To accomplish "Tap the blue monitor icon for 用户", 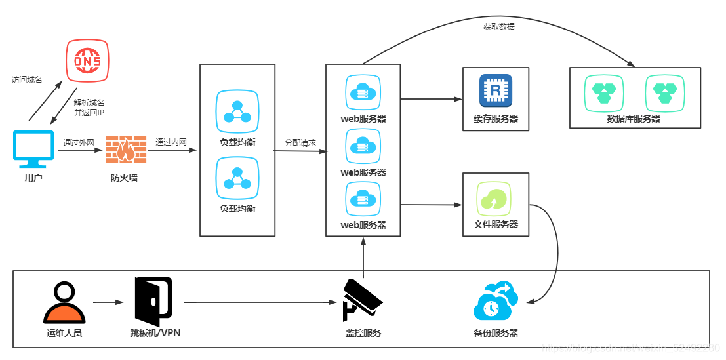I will (x=33, y=150).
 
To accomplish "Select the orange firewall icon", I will (x=124, y=150).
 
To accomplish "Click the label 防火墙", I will (x=124, y=178).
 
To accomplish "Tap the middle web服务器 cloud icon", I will (x=363, y=146).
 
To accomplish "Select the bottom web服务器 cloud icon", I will (x=363, y=199).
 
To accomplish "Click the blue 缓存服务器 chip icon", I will (x=496, y=90).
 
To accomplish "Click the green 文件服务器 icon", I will (x=495, y=197).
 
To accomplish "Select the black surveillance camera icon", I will (x=363, y=300).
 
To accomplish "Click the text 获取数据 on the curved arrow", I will (x=499, y=27).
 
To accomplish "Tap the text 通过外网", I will (x=79, y=142).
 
